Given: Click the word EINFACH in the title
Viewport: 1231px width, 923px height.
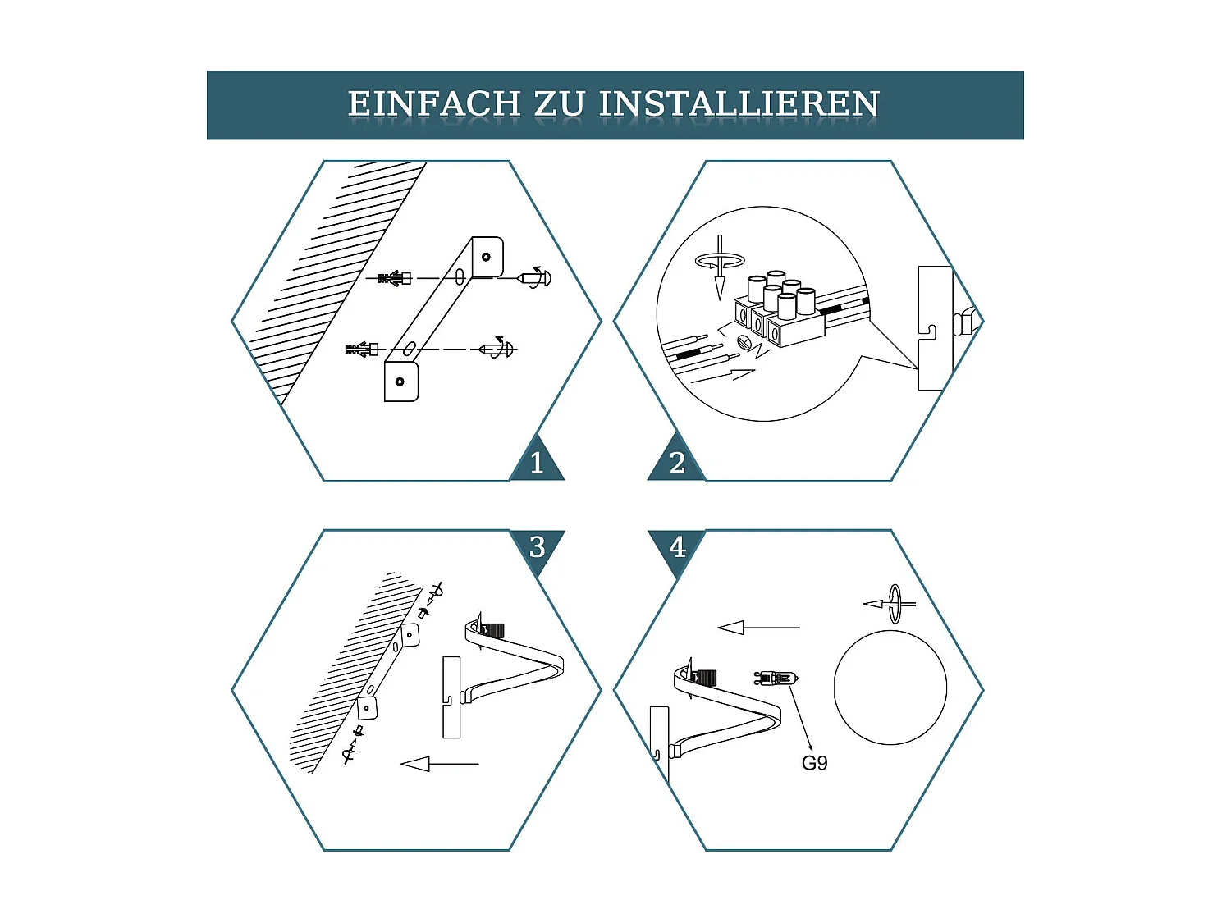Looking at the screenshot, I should coord(434,104).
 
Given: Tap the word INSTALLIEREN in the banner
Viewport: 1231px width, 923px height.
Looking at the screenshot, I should coord(739,104).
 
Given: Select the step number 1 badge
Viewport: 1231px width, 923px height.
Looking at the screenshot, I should coord(537,463).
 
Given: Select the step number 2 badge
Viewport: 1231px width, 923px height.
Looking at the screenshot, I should coord(677,463).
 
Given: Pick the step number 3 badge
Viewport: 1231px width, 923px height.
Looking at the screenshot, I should coord(537,546).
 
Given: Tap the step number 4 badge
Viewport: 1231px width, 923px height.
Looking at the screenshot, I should coord(677,546).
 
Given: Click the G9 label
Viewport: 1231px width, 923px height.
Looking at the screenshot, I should coord(814,763).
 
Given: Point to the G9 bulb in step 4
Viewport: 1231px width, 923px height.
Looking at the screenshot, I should coord(775,679).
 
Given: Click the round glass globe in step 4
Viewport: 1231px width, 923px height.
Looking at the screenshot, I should coord(890,688).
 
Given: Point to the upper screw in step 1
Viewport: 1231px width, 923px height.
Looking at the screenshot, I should coord(535,278).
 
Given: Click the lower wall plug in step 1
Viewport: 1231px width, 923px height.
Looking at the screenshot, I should coord(362,350).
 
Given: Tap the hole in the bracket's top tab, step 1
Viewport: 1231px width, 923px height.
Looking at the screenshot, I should coord(486,257).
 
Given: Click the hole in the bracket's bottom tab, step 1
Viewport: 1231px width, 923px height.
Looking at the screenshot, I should coord(400,382).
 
